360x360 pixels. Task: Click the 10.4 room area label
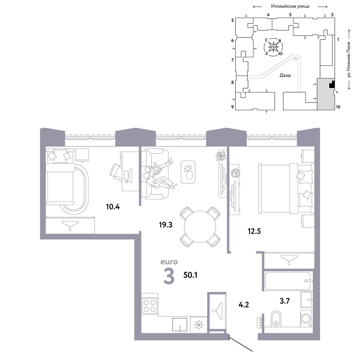click(113, 207)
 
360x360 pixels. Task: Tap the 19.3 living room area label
click(166, 225)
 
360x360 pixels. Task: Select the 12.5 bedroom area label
click(254, 231)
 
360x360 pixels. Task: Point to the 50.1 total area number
click(190, 275)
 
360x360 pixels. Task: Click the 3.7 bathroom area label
click(285, 301)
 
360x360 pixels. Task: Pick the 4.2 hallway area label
click(244, 305)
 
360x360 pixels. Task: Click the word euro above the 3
click(169, 262)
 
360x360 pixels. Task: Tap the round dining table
click(200, 227)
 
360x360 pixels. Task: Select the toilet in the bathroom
click(275, 319)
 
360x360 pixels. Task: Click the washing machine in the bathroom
click(306, 318)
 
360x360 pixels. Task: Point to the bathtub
click(288, 281)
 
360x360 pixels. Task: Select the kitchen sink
click(180, 324)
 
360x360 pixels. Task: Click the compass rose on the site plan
click(273, 47)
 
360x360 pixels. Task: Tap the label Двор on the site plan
click(285, 75)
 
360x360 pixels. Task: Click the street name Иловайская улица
click(290, 6)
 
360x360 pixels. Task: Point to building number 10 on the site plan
click(338, 107)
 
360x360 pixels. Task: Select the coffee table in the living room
click(188, 172)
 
